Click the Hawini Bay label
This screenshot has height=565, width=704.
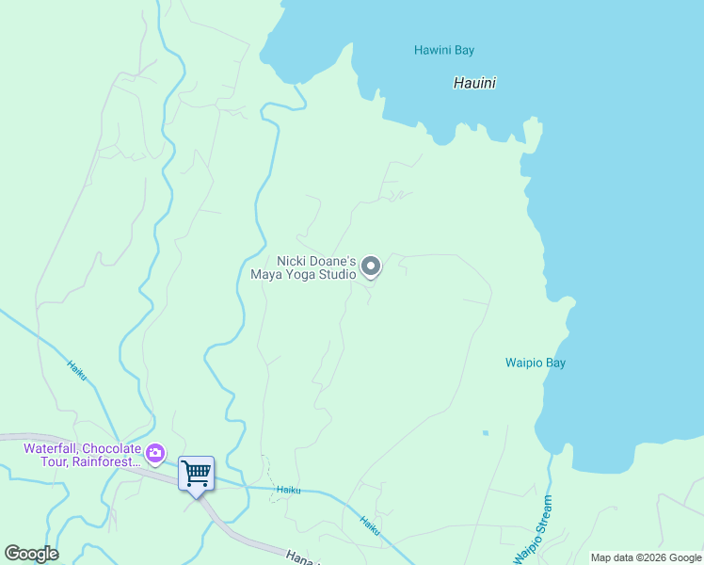(x=443, y=50)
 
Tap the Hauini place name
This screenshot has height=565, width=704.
(x=474, y=83)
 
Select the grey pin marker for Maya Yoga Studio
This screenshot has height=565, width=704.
(x=371, y=266)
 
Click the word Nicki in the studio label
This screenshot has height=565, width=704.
(x=292, y=261)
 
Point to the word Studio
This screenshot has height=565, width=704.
(x=337, y=275)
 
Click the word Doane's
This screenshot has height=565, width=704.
(x=332, y=261)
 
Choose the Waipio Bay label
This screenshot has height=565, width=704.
(x=536, y=363)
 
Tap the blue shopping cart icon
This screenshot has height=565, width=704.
(x=196, y=473)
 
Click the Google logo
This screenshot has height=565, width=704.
(x=31, y=554)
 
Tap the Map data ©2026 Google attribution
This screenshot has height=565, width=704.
(x=646, y=557)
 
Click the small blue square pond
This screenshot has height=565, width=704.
(x=486, y=433)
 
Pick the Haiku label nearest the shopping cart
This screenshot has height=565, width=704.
(x=288, y=489)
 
